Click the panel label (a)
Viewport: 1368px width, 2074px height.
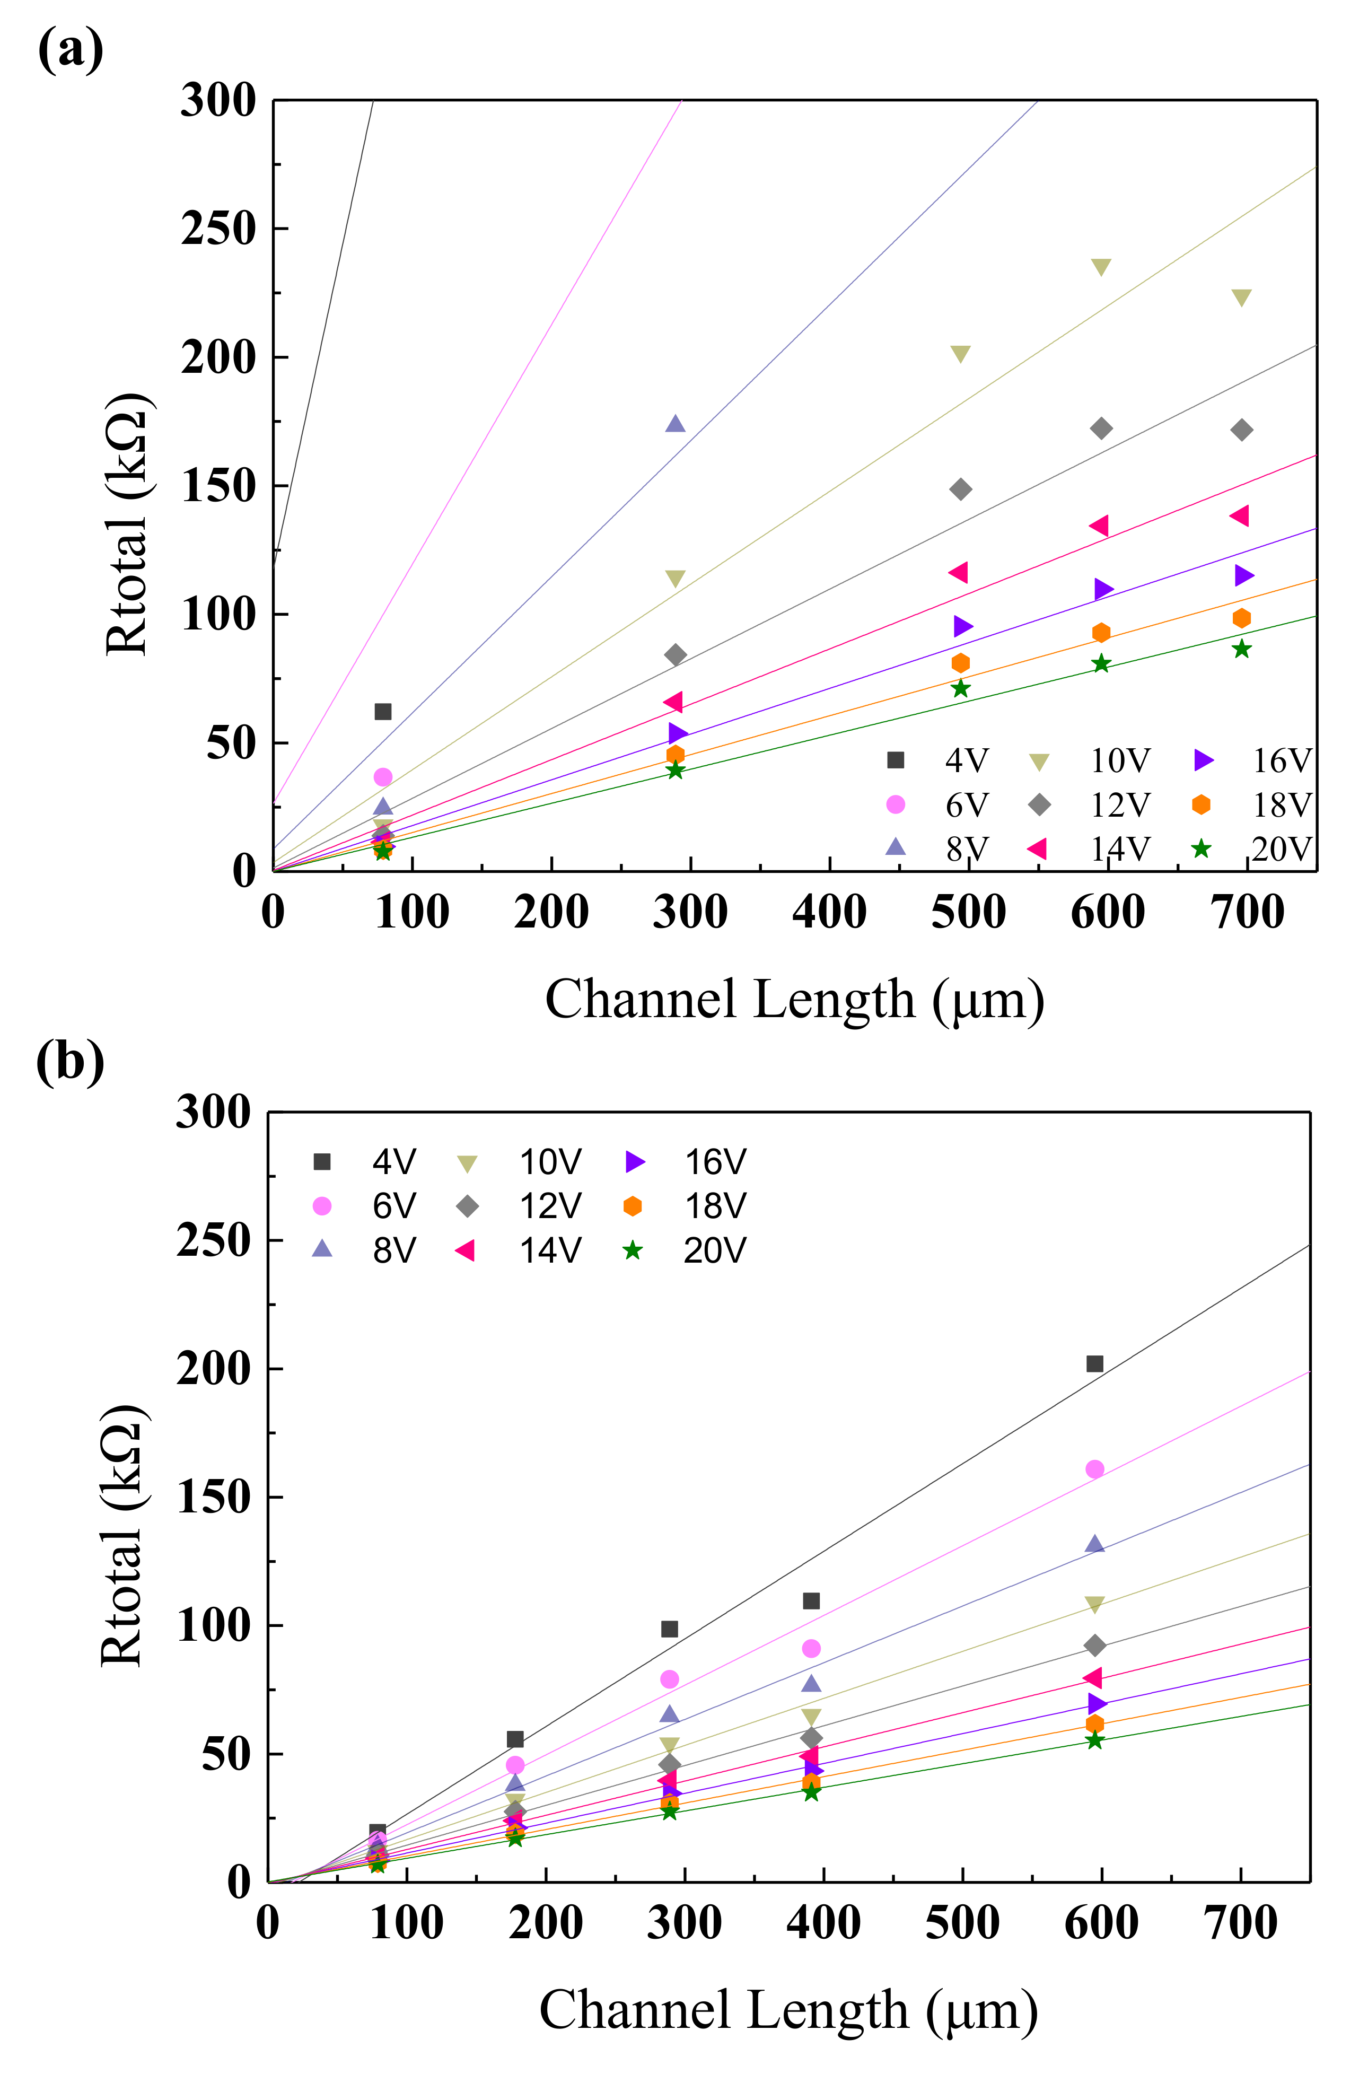point(70,50)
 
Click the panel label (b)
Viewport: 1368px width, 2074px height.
point(70,1062)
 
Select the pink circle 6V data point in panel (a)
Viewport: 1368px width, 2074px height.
point(382,776)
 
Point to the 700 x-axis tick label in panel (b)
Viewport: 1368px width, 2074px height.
point(1241,1923)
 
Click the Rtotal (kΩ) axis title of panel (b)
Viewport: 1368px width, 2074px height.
point(122,1536)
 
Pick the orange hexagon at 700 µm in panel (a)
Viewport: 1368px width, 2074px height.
point(1241,618)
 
